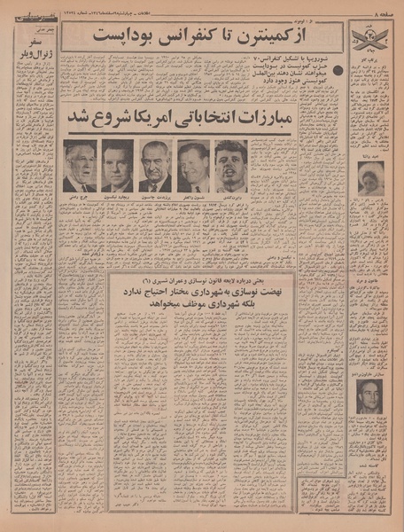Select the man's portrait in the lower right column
click(369, 396)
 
